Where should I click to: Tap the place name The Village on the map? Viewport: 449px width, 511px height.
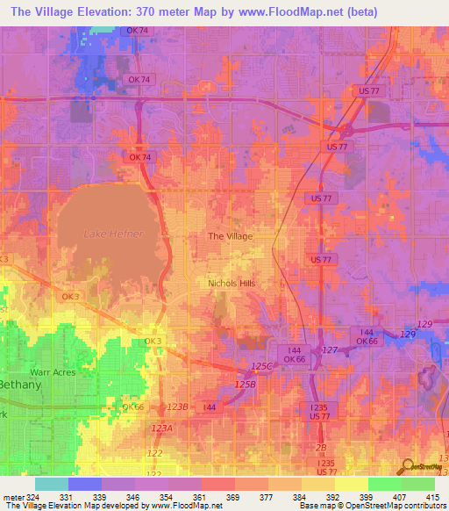[230, 236]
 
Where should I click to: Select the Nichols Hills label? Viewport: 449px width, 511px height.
[235, 283]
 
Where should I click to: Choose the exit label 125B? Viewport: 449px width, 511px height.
[245, 384]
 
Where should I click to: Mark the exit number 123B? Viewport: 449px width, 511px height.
[178, 407]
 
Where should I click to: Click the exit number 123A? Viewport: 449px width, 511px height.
[161, 428]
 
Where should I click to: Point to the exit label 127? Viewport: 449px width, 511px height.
[330, 350]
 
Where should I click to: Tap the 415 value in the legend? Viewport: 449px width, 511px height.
[435, 496]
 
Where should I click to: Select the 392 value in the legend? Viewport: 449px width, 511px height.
[334, 496]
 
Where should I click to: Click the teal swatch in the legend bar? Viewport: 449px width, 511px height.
[52, 484]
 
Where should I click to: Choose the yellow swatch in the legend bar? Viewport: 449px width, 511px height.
[351, 484]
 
